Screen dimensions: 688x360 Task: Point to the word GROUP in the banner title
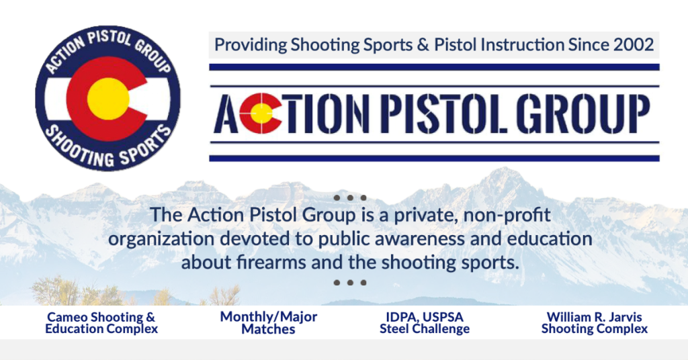click(583, 114)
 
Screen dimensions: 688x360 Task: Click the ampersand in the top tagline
click(423, 45)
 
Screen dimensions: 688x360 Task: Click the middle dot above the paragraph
click(349, 197)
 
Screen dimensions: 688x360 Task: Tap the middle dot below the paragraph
click(349, 282)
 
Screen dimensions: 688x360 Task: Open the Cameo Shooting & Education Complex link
click(101, 323)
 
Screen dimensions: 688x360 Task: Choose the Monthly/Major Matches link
click(269, 323)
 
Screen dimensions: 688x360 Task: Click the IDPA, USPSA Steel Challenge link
click(425, 323)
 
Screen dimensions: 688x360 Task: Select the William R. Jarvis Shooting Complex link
click(595, 323)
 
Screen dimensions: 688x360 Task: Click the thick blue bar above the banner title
click(435, 67)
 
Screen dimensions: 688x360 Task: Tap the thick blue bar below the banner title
click(435, 159)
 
